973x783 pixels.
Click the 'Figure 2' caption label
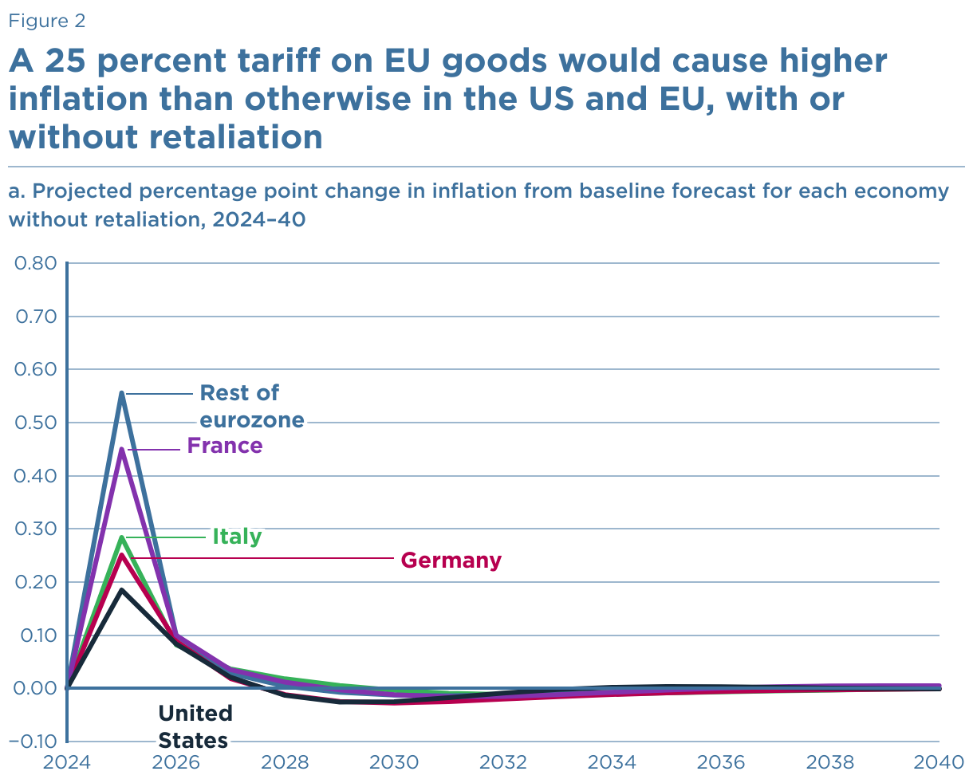tap(47, 22)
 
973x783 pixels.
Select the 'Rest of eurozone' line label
tap(251, 406)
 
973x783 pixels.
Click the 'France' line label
tap(225, 446)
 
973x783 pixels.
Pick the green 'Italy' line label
tap(237, 537)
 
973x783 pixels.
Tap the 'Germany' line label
tap(451, 561)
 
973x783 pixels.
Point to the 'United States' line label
tap(195, 726)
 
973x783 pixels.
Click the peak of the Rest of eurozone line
tap(122, 392)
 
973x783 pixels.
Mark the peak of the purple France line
tap(122, 449)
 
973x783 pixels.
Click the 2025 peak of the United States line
tap(122, 590)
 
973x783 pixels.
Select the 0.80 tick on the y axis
tap(36, 263)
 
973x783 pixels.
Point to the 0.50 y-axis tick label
tap(36, 423)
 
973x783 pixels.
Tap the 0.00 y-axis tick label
tap(36, 688)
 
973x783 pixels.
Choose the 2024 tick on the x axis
tap(67, 762)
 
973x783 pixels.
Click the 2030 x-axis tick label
tap(394, 762)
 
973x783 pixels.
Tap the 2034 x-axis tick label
tap(612, 762)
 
